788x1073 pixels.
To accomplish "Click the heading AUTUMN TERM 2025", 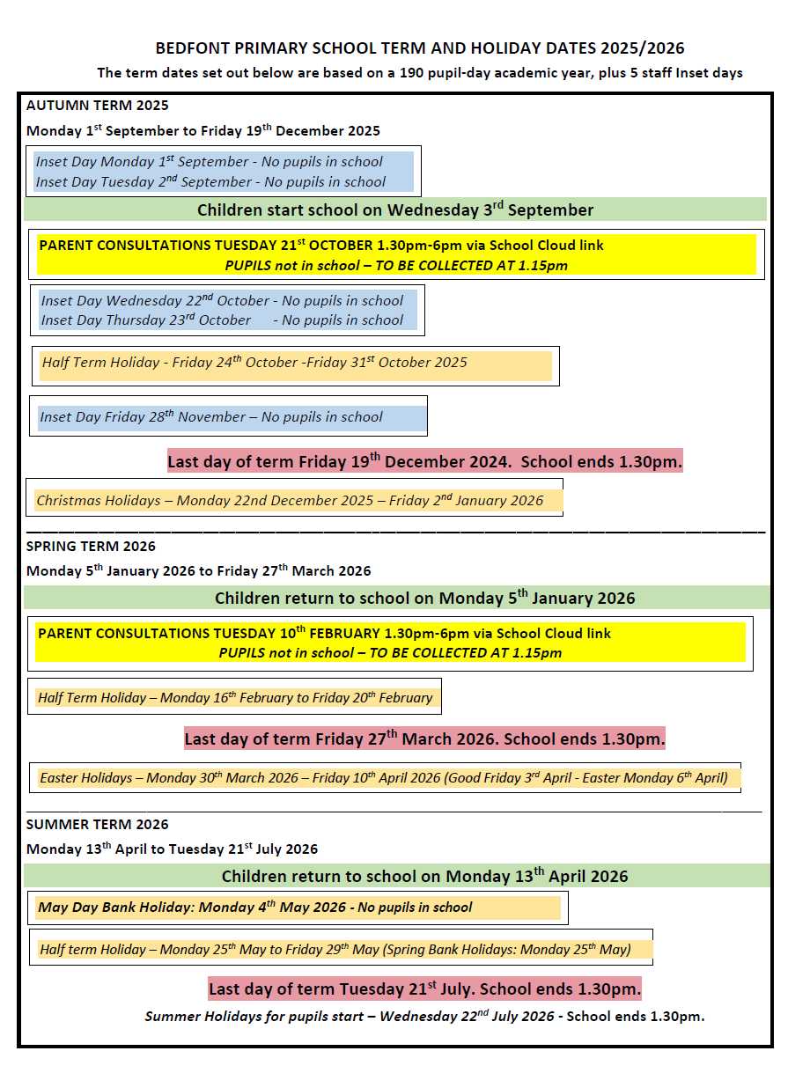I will click(x=97, y=106).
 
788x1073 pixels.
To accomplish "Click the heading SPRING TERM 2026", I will click(x=91, y=547).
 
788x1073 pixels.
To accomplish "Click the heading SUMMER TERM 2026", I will click(x=97, y=825).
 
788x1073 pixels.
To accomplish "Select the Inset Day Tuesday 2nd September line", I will click(x=210, y=182).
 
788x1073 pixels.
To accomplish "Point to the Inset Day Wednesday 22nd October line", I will click(x=222, y=301).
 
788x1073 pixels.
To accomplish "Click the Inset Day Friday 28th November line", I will click(x=211, y=417).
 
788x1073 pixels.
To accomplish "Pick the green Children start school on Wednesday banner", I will click(x=395, y=209).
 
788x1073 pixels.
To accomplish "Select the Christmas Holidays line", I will click(x=290, y=501).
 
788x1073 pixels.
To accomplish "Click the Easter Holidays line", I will click(x=384, y=778).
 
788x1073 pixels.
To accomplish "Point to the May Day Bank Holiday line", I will click(x=255, y=908).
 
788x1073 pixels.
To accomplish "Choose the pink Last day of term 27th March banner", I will click(x=424, y=739).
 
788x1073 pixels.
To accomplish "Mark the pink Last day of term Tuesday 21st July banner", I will click(x=424, y=988).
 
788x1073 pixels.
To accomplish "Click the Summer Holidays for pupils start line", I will click(x=424, y=1017).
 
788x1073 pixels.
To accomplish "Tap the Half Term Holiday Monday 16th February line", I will click(x=235, y=698).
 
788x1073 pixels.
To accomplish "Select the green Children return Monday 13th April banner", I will click(x=424, y=876).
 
